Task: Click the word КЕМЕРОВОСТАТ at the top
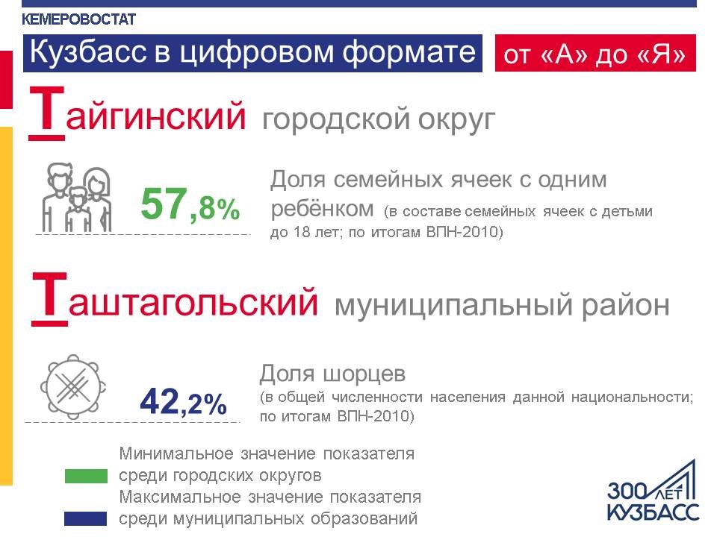click(78, 19)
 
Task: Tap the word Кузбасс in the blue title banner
click(88, 51)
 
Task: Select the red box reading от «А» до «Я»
click(595, 53)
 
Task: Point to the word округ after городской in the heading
click(457, 119)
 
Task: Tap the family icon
click(77, 197)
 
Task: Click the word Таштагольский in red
click(175, 300)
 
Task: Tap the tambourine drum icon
click(73, 387)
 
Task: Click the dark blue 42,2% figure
click(184, 402)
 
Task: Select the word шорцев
click(364, 374)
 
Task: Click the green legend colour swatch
click(86, 477)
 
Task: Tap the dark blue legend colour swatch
click(85, 519)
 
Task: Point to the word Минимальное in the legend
click(176, 454)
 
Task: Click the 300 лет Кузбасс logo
click(653, 491)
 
